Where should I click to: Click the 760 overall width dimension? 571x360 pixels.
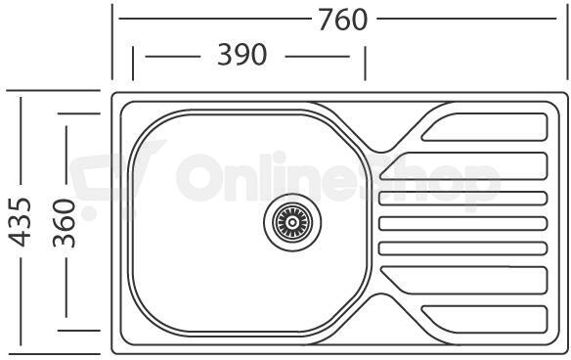[342, 20]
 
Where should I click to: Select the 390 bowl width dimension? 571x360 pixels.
[242, 55]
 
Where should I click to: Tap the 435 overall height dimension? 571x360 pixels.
[20, 222]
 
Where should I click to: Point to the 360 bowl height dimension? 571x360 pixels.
[65, 223]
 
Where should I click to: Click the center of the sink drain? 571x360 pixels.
[292, 222]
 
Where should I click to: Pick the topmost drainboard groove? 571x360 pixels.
[484, 127]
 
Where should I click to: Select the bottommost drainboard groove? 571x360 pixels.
[484, 319]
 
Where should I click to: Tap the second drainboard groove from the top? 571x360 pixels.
[463, 166]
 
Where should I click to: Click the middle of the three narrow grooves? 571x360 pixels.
[463, 223]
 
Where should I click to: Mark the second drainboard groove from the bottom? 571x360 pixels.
[463, 280]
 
